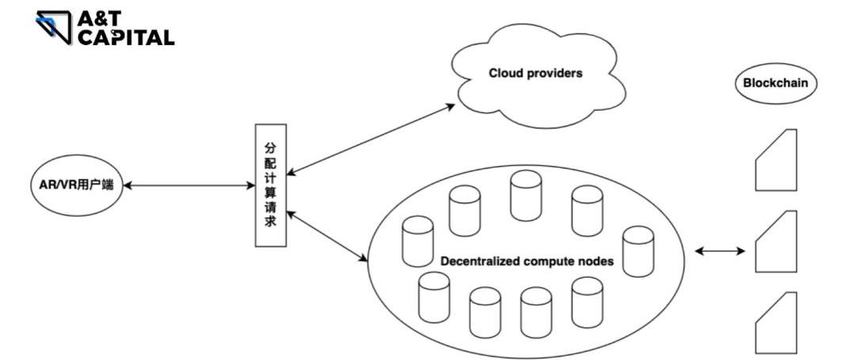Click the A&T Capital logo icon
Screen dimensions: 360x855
click(54, 27)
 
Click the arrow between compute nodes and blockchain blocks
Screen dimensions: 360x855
click(720, 252)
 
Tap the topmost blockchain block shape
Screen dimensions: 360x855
click(775, 161)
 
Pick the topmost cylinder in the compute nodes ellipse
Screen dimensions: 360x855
click(526, 194)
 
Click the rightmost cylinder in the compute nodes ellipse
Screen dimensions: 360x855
click(638, 252)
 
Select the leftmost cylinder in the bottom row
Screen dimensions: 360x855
click(434, 297)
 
